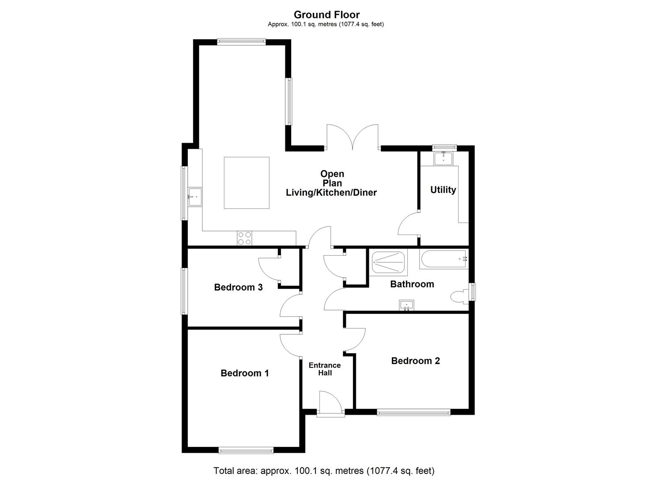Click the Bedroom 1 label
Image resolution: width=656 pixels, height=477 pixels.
click(244, 373)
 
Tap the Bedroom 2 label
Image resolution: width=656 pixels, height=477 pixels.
click(415, 361)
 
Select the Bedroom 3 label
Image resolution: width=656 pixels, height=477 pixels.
click(238, 288)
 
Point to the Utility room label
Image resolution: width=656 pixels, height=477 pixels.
click(443, 190)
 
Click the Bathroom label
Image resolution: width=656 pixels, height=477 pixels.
click(412, 284)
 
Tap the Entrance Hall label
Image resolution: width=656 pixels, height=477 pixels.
click(325, 369)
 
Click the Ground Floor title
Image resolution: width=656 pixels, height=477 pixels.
click(326, 15)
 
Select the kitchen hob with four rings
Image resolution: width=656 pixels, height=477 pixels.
click(244, 238)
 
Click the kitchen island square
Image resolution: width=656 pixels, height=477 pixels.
click(246, 182)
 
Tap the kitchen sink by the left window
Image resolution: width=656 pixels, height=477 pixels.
click(194, 197)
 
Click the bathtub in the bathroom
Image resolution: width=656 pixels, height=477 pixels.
click(444, 259)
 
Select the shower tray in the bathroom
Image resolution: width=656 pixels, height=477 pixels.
click(388, 262)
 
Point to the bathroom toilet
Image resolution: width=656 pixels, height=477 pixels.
click(459, 297)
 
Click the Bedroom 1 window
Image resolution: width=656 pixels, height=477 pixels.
click(246, 450)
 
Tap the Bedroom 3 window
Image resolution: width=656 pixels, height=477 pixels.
click(184, 291)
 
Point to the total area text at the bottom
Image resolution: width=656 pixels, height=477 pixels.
click(324, 471)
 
